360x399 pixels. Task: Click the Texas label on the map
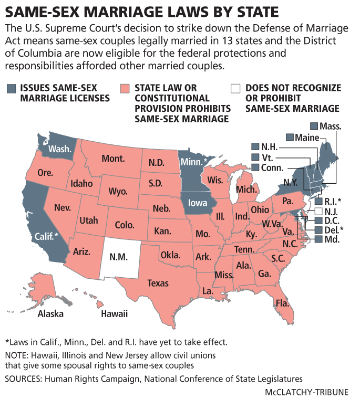click(158, 283)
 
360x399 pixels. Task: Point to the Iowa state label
click(199, 203)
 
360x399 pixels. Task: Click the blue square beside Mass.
click(314, 126)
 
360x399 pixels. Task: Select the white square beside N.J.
click(318, 211)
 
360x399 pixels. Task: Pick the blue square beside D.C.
click(318, 220)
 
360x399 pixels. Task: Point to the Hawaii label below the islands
click(115, 314)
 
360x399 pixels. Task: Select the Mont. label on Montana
click(113, 159)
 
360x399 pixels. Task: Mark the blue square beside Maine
click(290, 137)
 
